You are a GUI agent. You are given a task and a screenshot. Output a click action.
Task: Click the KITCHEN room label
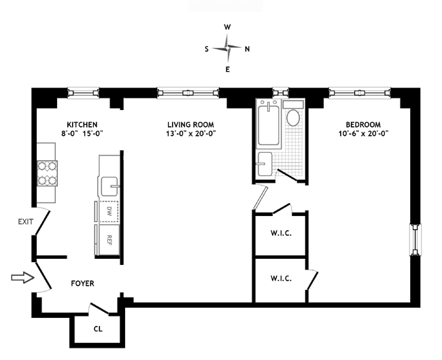click(x=82, y=124)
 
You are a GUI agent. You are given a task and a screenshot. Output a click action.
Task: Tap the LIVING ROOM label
click(x=190, y=124)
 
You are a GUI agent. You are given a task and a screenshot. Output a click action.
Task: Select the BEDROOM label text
click(x=363, y=124)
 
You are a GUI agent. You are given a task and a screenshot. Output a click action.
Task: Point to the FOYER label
click(x=82, y=283)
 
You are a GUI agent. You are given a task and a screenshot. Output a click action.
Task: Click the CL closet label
click(x=98, y=329)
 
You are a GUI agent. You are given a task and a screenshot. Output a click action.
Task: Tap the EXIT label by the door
click(x=26, y=222)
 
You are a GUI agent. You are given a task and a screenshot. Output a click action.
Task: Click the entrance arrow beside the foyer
click(x=23, y=278)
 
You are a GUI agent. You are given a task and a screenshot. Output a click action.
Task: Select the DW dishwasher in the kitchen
click(x=109, y=211)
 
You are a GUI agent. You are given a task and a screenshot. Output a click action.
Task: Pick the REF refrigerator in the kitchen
click(x=109, y=240)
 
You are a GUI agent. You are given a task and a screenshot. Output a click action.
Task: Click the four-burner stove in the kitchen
click(x=48, y=173)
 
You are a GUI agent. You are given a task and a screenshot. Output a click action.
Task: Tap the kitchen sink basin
click(x=109, y=186)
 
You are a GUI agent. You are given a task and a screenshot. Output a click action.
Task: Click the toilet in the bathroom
click(x=293, y=114)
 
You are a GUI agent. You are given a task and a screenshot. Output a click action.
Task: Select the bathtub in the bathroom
click(x=269, y=124)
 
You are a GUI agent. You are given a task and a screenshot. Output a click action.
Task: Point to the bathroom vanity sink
click(x=265, y=164)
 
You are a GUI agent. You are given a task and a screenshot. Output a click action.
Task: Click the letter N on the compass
click(x=248, y=49)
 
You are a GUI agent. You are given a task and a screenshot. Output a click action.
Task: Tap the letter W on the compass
click(x=227, y=27)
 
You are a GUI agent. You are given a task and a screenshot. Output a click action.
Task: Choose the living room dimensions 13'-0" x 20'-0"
click(x=191, y=133)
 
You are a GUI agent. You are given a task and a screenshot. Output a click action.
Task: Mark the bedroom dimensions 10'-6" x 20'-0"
click(x=364, y=133)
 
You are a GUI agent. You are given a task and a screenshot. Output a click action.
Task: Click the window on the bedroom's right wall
click(x=415, y=240)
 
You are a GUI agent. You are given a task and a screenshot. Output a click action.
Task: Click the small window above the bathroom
click(x=280, y=92)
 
